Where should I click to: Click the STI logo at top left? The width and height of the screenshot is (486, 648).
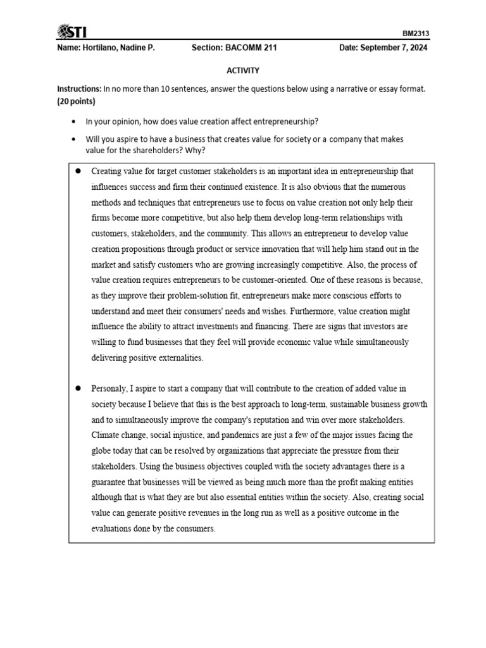click(73, 32)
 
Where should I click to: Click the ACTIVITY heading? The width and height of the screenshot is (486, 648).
click(243, 71)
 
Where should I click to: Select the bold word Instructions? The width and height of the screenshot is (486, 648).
click(79, 89)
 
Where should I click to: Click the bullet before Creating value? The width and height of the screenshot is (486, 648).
click(78, 171)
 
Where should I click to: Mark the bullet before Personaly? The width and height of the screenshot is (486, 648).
click(78, 388)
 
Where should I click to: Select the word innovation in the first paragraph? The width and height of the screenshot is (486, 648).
click(265, 249)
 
